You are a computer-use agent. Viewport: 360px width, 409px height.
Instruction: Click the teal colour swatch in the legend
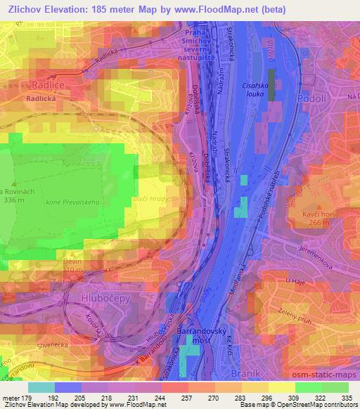click(x=41, y=387)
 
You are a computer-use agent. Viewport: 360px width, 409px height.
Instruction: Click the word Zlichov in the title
click(x=23, y=9)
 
